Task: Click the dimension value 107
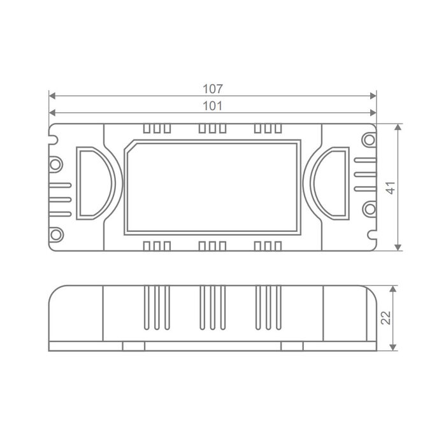[x=213, y=89]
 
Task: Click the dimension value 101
[x=212, y=106]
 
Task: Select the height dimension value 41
[x=391, y=188]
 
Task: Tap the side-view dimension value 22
[x=386, y=318]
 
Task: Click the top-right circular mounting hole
[x=369, y=140]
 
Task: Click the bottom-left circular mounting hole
[x=56, y=234]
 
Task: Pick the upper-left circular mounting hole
[x=55, y=164]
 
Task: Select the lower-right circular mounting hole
[x=370, y=210]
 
